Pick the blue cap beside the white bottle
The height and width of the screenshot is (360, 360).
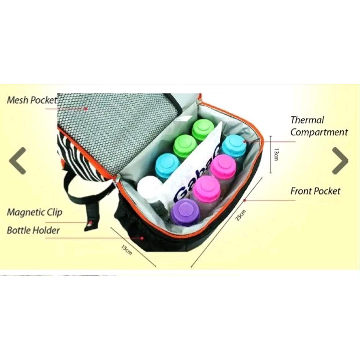167,165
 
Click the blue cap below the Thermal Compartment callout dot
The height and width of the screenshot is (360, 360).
234,146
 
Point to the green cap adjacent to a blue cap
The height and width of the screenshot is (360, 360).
185,146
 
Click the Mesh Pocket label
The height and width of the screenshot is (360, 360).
32,100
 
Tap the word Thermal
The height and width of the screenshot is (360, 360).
307,120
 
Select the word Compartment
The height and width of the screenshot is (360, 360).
319,132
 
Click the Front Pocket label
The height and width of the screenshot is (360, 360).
315,191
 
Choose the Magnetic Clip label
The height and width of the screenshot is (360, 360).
35,212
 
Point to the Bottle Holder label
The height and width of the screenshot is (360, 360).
33,230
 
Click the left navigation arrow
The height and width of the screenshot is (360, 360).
18,161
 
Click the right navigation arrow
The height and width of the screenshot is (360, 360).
340,161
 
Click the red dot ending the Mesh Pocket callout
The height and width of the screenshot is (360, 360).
86,108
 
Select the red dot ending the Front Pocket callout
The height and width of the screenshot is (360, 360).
245,200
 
